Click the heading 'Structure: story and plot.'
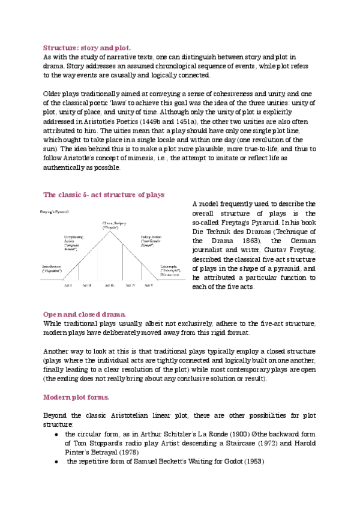pyautogui.click(x=86, y=47)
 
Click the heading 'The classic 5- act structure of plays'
pyautogui.click(x=104, y=195)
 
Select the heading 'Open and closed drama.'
pyautogui.click(x=85, y=315)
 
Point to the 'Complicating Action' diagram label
pyautogui.click(x=74, y=241)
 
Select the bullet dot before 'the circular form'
pyautogui.click(x=56, y=433)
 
